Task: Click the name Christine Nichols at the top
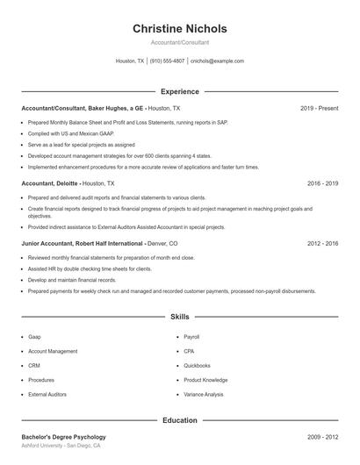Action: click(179, 29)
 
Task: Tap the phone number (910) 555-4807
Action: click(167, 61)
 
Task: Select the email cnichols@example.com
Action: click(217, 61)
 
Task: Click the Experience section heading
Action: click(179, 91)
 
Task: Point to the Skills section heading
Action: click(179, 316)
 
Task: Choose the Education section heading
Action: click(179, 420)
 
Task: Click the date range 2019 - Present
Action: click(319, 108)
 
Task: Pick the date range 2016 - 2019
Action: click(322, 184)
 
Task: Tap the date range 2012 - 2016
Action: click(322, 243)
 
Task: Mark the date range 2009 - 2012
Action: click(322, 436)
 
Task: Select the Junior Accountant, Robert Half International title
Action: click(83, 243)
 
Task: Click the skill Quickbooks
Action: click(197, 365)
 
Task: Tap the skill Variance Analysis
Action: click(204, 395)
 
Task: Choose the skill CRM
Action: click(34, 365)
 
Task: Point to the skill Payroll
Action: click(192, 336)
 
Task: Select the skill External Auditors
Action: click(47, 395)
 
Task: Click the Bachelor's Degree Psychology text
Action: click(63, 436)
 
